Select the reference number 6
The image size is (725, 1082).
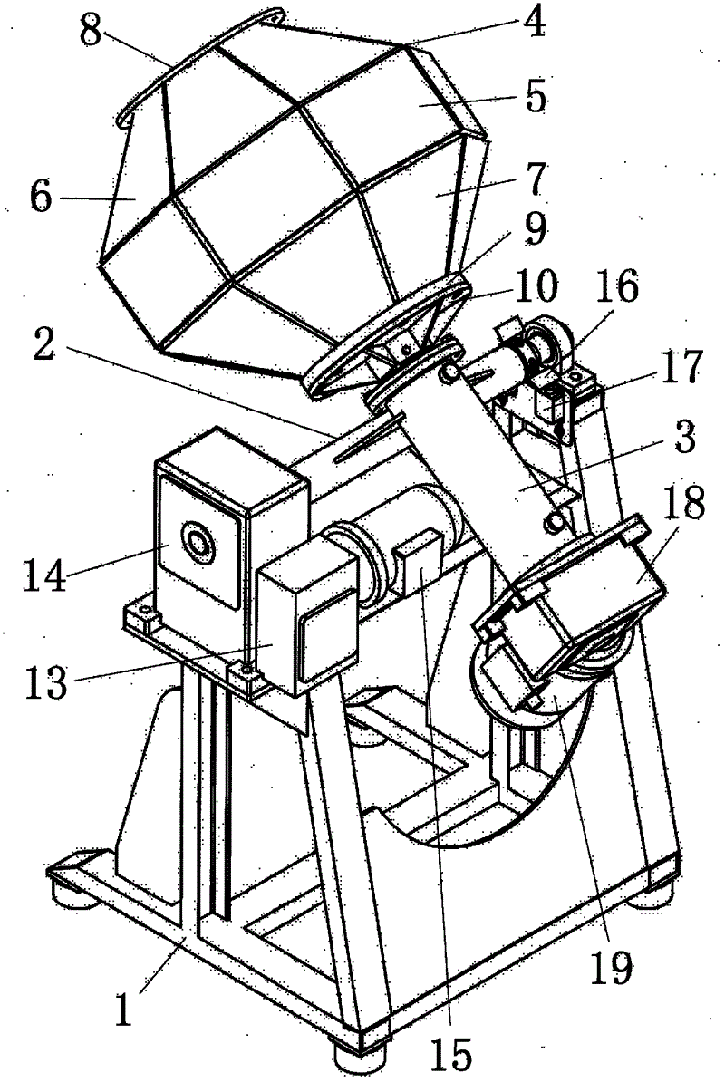point(41,197)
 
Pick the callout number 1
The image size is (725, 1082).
point(123,1009)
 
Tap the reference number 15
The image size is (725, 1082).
point(451,1055)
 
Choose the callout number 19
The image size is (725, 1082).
point(611,967)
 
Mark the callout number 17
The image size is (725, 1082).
point(680,367)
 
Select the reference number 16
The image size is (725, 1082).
point(617,287)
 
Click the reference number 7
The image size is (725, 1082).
point(535,179)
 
